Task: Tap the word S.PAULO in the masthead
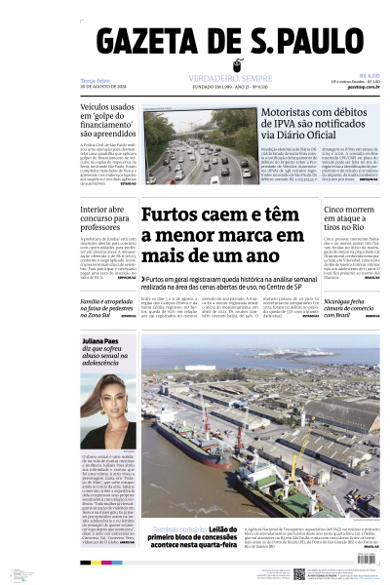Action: click(x=292, y=44)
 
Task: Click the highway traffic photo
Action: click(x=187, y=147)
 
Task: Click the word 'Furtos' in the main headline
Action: click(x=176, y=214)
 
